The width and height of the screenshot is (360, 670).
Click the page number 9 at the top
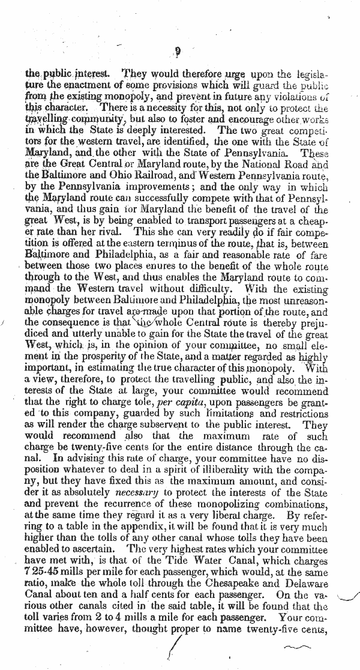[180, 52]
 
